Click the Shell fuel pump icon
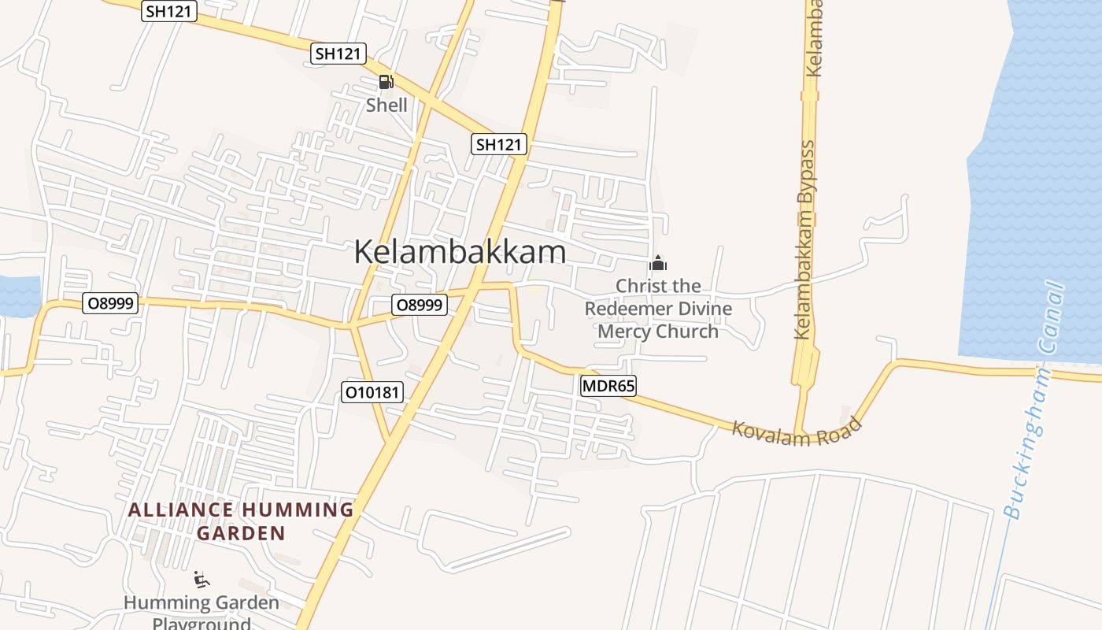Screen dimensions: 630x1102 [x=386, y=82]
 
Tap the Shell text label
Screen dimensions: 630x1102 [x=386, y=105]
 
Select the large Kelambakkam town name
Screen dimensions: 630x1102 [x=460, y=252]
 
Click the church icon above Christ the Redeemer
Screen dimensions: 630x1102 [x=657, y=264]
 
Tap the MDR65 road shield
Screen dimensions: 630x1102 [x=608, y=386]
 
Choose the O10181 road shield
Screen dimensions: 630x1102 [x=372, y=392]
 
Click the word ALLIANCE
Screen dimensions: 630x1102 [x=180, y=510]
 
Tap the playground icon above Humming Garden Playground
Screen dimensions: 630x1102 [x=202, y=580]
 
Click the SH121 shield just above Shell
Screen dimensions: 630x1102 [x=339, y=54]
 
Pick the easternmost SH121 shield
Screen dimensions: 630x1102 [x=499, y=144]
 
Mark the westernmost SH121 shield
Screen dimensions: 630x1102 [x=169, y=11]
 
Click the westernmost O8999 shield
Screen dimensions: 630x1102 [x=111, y=302]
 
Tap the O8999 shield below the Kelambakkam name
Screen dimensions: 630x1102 [x=420, y=305]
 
